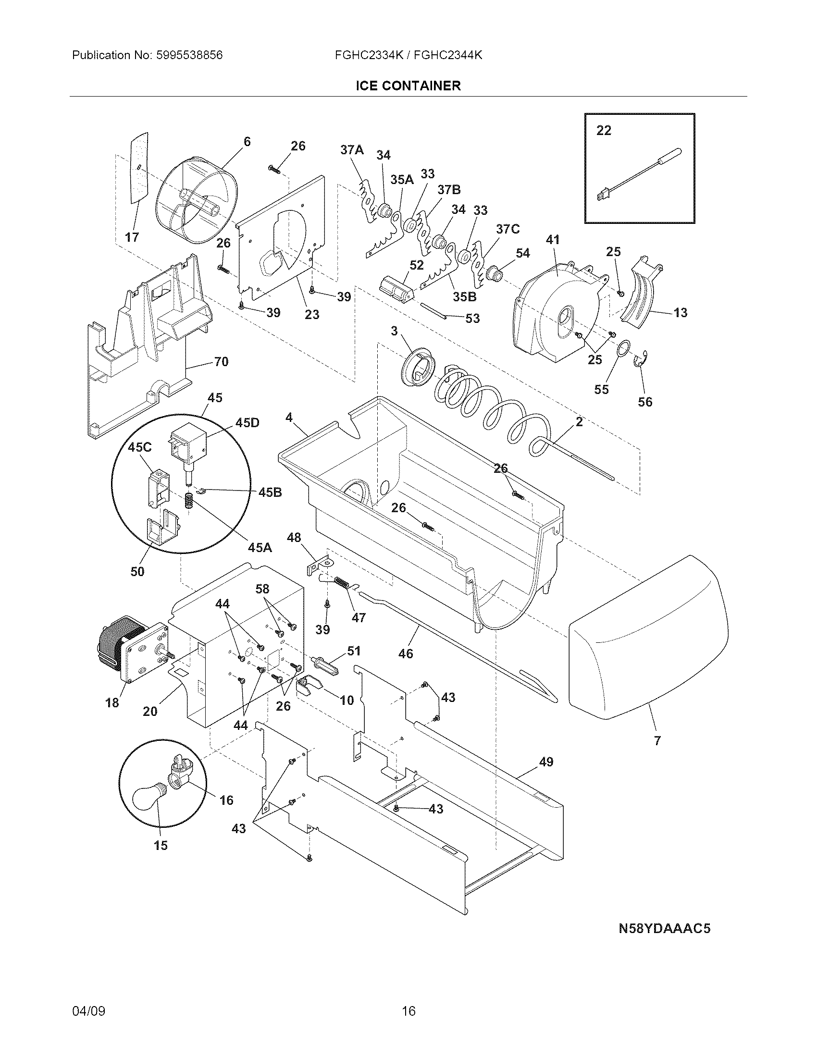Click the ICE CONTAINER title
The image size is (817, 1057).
pyautogui.click(x=408, y=86)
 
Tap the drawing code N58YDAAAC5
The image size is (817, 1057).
pyautogui.click(x=665, y=929)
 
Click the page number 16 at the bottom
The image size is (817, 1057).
pyautogui.click(x=408, y=1011)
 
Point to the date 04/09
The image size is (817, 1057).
pyautogui.click(x=88, y=1011)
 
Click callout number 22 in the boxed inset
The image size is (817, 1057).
pyautogui.click(x=604, y=131)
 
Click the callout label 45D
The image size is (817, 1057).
pyautogui.click(x=247, y=423)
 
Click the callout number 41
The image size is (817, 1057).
pyautogui.click(x=552, y=240)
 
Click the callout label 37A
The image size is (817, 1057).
pyautogui.click(x=352, y=150)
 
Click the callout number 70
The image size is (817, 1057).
pyautogui.click(x=221, y=361)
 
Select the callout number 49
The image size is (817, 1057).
pyautogui.click(x=546, y=762)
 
